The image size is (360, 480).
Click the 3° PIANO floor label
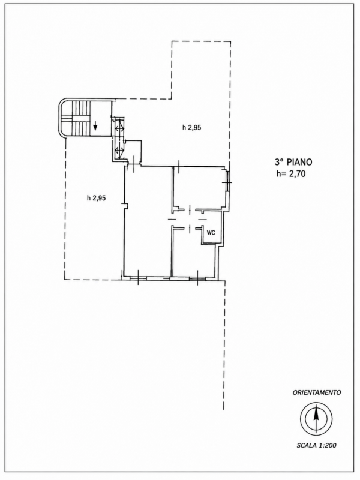[x=293, y=162]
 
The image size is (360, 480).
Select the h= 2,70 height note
[x=290, y=174]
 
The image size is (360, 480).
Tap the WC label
[x=211, y=233]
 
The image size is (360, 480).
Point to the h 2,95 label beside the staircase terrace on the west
[x=96, y=198]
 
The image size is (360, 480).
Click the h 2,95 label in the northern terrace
[x=191, y=128]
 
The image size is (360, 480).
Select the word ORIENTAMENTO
[x=317, y=392]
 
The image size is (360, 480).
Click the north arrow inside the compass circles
[x=316, y=418]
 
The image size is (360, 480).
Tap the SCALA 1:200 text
[x=316, y=445]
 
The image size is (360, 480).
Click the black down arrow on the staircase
[x=95, y=125]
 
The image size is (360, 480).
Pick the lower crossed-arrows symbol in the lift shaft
[x=119, y=151]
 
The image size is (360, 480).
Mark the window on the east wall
[x=227, y=182]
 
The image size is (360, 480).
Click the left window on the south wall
[x=138, y=278]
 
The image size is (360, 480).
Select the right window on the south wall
[x=197, y=278]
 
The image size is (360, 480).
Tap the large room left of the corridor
[x=148, y=220]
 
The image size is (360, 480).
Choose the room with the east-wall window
[x=199, y=187]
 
